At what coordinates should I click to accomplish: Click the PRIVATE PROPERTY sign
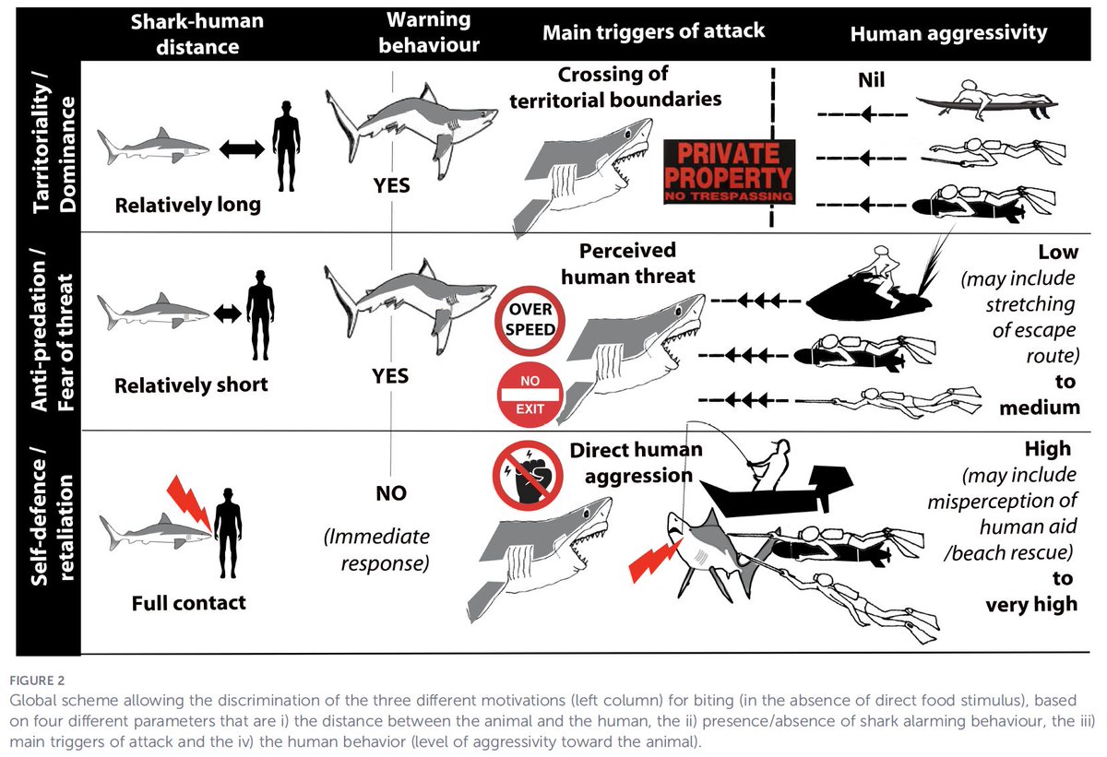point(729,172)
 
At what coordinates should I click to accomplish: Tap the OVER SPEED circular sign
point(530,321)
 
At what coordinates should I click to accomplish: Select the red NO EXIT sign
point(530,395)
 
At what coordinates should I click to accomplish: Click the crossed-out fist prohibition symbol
point(528,476)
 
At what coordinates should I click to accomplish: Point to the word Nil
point(871,80)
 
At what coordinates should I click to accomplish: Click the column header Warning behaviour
point(428,32)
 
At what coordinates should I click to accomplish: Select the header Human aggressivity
point(948,33)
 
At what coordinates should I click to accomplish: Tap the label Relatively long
point(188,205)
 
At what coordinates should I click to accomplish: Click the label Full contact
point(189,603)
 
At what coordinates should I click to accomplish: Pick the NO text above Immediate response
point(391,492)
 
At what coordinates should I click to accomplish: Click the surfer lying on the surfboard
point(986,101)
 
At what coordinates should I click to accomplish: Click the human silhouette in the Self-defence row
point(228,533)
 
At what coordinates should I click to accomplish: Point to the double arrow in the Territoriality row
point(242,148)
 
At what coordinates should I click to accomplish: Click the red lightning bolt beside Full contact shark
point(190,503)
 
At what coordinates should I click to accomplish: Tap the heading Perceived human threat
point(627,263)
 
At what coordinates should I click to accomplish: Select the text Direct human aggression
point(637,463)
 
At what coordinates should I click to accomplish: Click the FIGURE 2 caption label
point(37,680)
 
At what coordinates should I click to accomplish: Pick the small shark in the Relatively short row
point(153,311)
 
